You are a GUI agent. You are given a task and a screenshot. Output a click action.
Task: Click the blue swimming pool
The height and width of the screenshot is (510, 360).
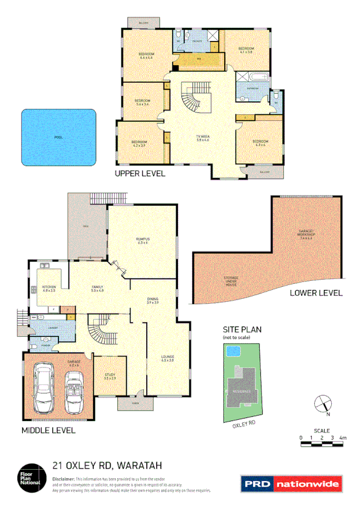coord(59,137)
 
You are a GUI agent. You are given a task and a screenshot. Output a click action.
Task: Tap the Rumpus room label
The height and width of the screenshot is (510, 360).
coord(142,241)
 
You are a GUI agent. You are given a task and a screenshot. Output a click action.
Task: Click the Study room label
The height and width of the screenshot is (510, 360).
coord(109,376)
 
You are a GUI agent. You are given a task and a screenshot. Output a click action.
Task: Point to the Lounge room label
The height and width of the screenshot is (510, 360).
coord(167,358)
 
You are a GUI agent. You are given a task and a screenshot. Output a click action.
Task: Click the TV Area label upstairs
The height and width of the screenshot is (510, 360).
coord(202,139)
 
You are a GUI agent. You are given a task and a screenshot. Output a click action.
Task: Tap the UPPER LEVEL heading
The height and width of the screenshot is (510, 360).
coord(140,174)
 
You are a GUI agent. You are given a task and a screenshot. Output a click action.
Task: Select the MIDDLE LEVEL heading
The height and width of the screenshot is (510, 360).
coord(48,431)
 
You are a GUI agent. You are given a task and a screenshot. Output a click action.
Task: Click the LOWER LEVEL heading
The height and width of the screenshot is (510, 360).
coord(316,293)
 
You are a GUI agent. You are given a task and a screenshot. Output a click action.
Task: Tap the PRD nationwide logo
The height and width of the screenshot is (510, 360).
coord(291,484)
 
